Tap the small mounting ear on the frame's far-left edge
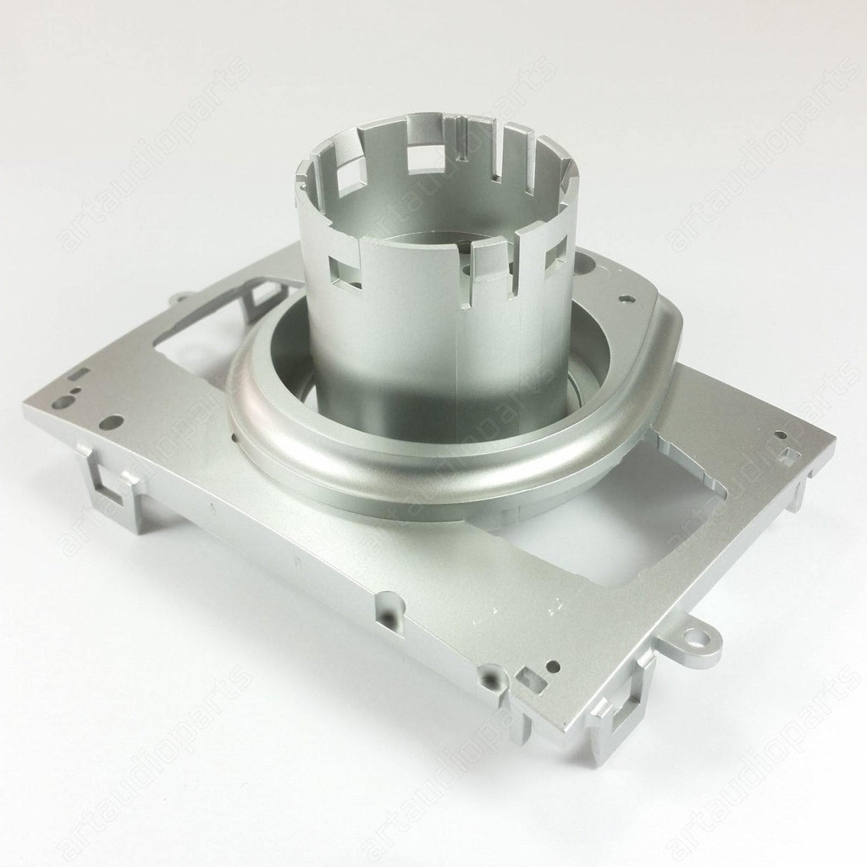(179, 299)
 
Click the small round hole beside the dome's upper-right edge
(626, 298)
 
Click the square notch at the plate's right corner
(791, 456)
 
